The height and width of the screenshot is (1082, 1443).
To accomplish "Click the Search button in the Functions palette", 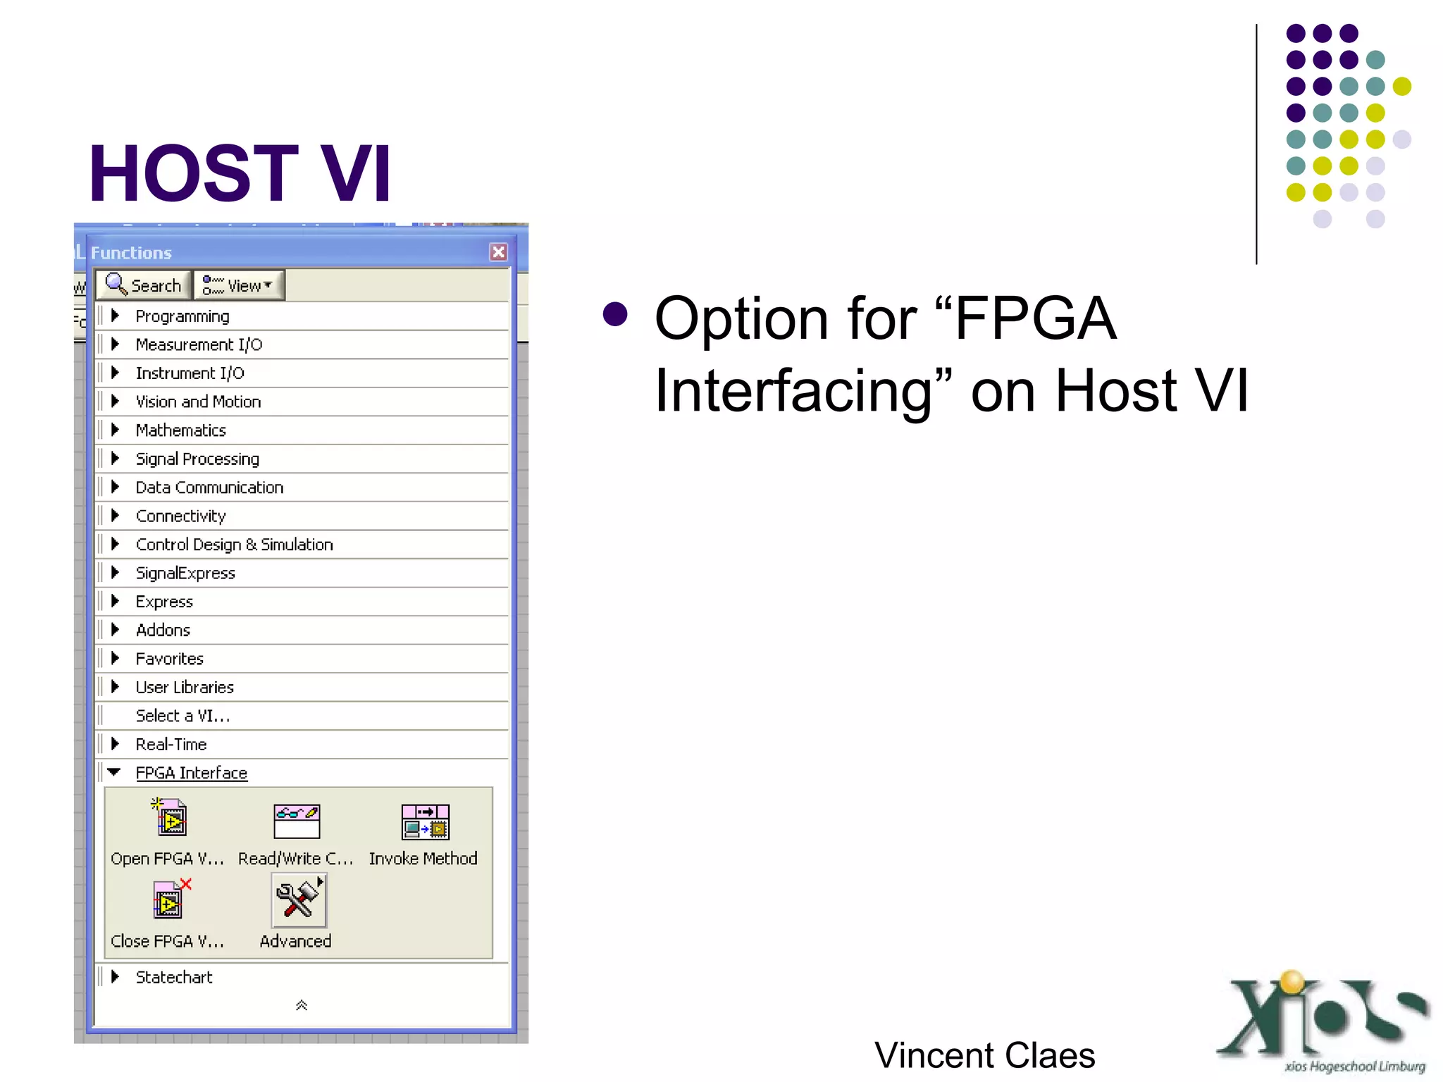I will click(x=144, y=285).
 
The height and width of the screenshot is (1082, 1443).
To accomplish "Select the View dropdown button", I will click(x=239, y=285).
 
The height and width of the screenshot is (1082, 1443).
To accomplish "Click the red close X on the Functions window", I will click(x=498, y=252).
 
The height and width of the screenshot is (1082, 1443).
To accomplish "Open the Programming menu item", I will click(x=182, y=316).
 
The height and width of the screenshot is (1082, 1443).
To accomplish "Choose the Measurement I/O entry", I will click(x=198, y=344).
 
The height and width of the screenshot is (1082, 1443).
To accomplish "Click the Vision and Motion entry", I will click(x=197, y=402).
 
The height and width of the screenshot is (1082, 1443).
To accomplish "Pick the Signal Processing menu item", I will click(x=197, y=459).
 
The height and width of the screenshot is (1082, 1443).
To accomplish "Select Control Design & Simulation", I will click(x=233, y=545).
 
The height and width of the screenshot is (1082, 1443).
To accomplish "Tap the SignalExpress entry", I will click(x=185, y=573).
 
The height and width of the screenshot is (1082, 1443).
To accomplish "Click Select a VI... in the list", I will click(x=182, y=716).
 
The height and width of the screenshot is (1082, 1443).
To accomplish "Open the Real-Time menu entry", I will click(x=171, y=744).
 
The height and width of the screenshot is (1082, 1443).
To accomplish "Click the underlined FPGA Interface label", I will click(x=191, y=773).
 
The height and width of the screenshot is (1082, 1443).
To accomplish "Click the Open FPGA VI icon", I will click(x=170, y=819).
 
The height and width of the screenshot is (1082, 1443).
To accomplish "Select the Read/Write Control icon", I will click(x=297, y=821).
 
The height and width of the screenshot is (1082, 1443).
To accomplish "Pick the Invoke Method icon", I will click(x=425, y=821).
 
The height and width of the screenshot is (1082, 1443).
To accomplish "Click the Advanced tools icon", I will click(x=299, y=901).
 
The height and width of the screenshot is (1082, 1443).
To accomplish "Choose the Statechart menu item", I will click(x=173, y=977).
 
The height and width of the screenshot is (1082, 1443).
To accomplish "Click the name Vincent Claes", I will click(x=984, y=1055).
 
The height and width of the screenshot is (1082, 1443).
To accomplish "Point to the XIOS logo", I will click(x=1325, y=1021).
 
